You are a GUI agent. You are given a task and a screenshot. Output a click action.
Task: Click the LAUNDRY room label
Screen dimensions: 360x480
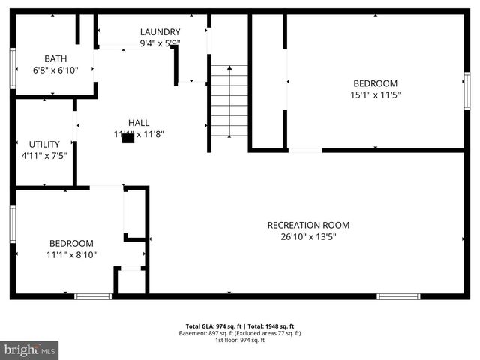tap(160, 32)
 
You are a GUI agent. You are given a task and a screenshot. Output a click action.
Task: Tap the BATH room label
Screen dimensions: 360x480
tap(55, 58)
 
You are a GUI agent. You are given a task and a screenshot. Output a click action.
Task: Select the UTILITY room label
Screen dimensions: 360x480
tap(44, 144)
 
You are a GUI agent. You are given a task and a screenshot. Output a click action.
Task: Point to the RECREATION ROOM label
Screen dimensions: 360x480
tap(308, 225)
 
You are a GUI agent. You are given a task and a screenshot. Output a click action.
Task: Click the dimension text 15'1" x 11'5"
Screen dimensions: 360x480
tap(375, 95)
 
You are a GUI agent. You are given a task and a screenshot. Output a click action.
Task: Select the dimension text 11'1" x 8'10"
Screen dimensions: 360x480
tap(71, 255)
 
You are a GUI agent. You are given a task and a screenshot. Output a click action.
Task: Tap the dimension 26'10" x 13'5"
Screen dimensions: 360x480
tap(308, 237)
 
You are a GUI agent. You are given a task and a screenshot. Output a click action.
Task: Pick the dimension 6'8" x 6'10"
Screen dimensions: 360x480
tap(55, 70)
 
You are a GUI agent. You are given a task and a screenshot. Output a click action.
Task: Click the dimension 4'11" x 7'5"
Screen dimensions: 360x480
tap(44, 156)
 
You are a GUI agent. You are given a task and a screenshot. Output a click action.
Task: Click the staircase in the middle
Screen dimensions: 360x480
tap(229, 101)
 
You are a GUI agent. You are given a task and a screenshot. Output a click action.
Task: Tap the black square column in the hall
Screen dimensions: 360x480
tap(128, 137)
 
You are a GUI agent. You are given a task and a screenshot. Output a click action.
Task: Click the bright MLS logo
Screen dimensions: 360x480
tap(30, 349)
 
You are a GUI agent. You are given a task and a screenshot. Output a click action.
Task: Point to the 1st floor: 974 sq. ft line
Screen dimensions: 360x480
tap(239, 340)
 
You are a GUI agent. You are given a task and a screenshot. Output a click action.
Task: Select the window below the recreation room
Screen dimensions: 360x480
tap(398, 296)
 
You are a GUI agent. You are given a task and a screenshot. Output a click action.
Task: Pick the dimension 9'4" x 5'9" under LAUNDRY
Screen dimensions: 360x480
tap(160, 43)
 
